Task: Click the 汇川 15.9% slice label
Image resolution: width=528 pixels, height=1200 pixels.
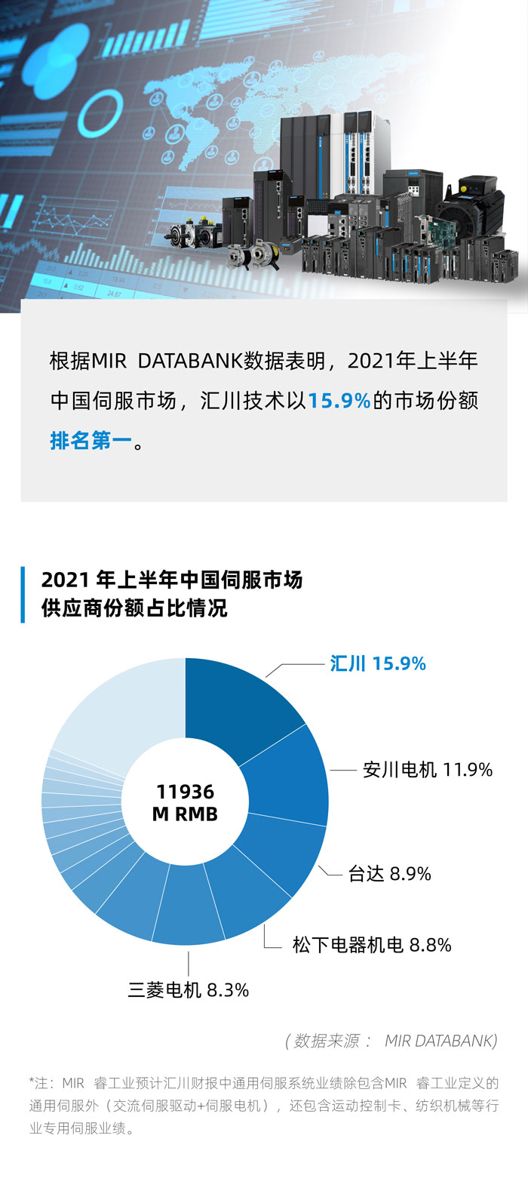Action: pyautogui.click(x=377, y=664)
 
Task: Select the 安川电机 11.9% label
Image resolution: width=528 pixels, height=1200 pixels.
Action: pyautogui.click(x=427, y=770)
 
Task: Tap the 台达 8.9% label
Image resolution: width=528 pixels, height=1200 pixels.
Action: pyautogui.click(x=389, y=874)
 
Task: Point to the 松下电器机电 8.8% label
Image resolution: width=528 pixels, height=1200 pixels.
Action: pyautogui.click(x=371, y=945)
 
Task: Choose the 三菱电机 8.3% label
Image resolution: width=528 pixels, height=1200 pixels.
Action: pyautogui.click(x=188, y=990)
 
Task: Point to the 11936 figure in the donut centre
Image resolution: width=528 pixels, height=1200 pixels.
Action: pyautogui.click(x=185, y=792)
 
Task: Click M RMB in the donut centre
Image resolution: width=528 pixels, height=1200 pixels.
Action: pyautogui.click(x=185, y=814)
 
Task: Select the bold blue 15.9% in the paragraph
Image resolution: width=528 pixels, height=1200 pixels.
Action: pyautogui.click(x=339, y=401)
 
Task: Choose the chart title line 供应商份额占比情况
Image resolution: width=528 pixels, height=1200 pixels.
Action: pyautogui.click(x=134, y=608)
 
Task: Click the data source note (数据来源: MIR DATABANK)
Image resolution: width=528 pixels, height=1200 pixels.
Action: pyautogui.click(x=391, y=1041)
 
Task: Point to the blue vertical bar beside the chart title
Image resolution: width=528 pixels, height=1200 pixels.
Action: pyautogui.click(x=23, y=595)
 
